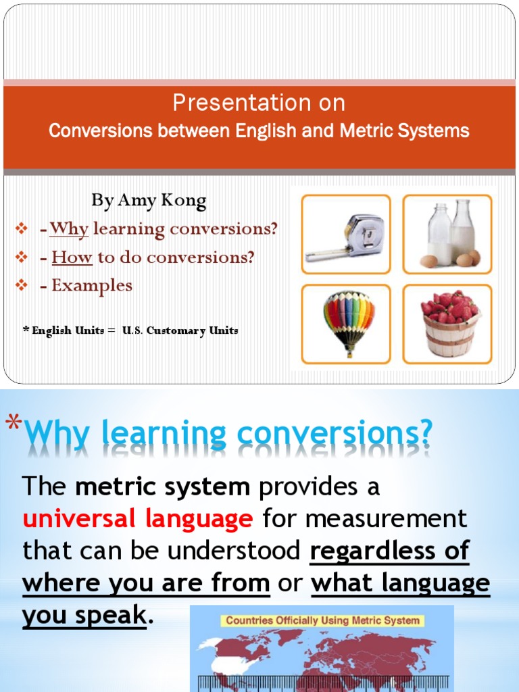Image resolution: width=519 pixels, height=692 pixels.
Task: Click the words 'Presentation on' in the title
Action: [259, 103]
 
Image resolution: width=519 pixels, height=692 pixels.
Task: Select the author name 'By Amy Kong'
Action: [149, 201]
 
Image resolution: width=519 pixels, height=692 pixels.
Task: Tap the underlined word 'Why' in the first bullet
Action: [69, 229]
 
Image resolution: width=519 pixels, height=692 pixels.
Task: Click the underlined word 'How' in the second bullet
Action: [72, 257]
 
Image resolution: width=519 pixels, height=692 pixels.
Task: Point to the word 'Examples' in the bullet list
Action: [92, 285]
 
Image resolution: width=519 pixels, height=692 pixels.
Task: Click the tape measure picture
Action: [345, 234]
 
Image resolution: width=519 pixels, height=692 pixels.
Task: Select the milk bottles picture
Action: [447, 234]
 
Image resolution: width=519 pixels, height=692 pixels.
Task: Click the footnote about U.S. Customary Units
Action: [130, 331]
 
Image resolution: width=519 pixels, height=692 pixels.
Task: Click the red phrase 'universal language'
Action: [138, 519]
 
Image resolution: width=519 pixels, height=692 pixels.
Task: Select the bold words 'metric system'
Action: [163, 487]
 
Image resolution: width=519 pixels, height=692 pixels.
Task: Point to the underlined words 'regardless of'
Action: [389, 551]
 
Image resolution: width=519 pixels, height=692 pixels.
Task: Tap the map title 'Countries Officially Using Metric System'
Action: [322, 620]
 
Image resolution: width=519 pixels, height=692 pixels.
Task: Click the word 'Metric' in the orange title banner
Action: [366, 130]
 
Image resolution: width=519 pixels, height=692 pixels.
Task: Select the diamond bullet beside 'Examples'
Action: [20, 286]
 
